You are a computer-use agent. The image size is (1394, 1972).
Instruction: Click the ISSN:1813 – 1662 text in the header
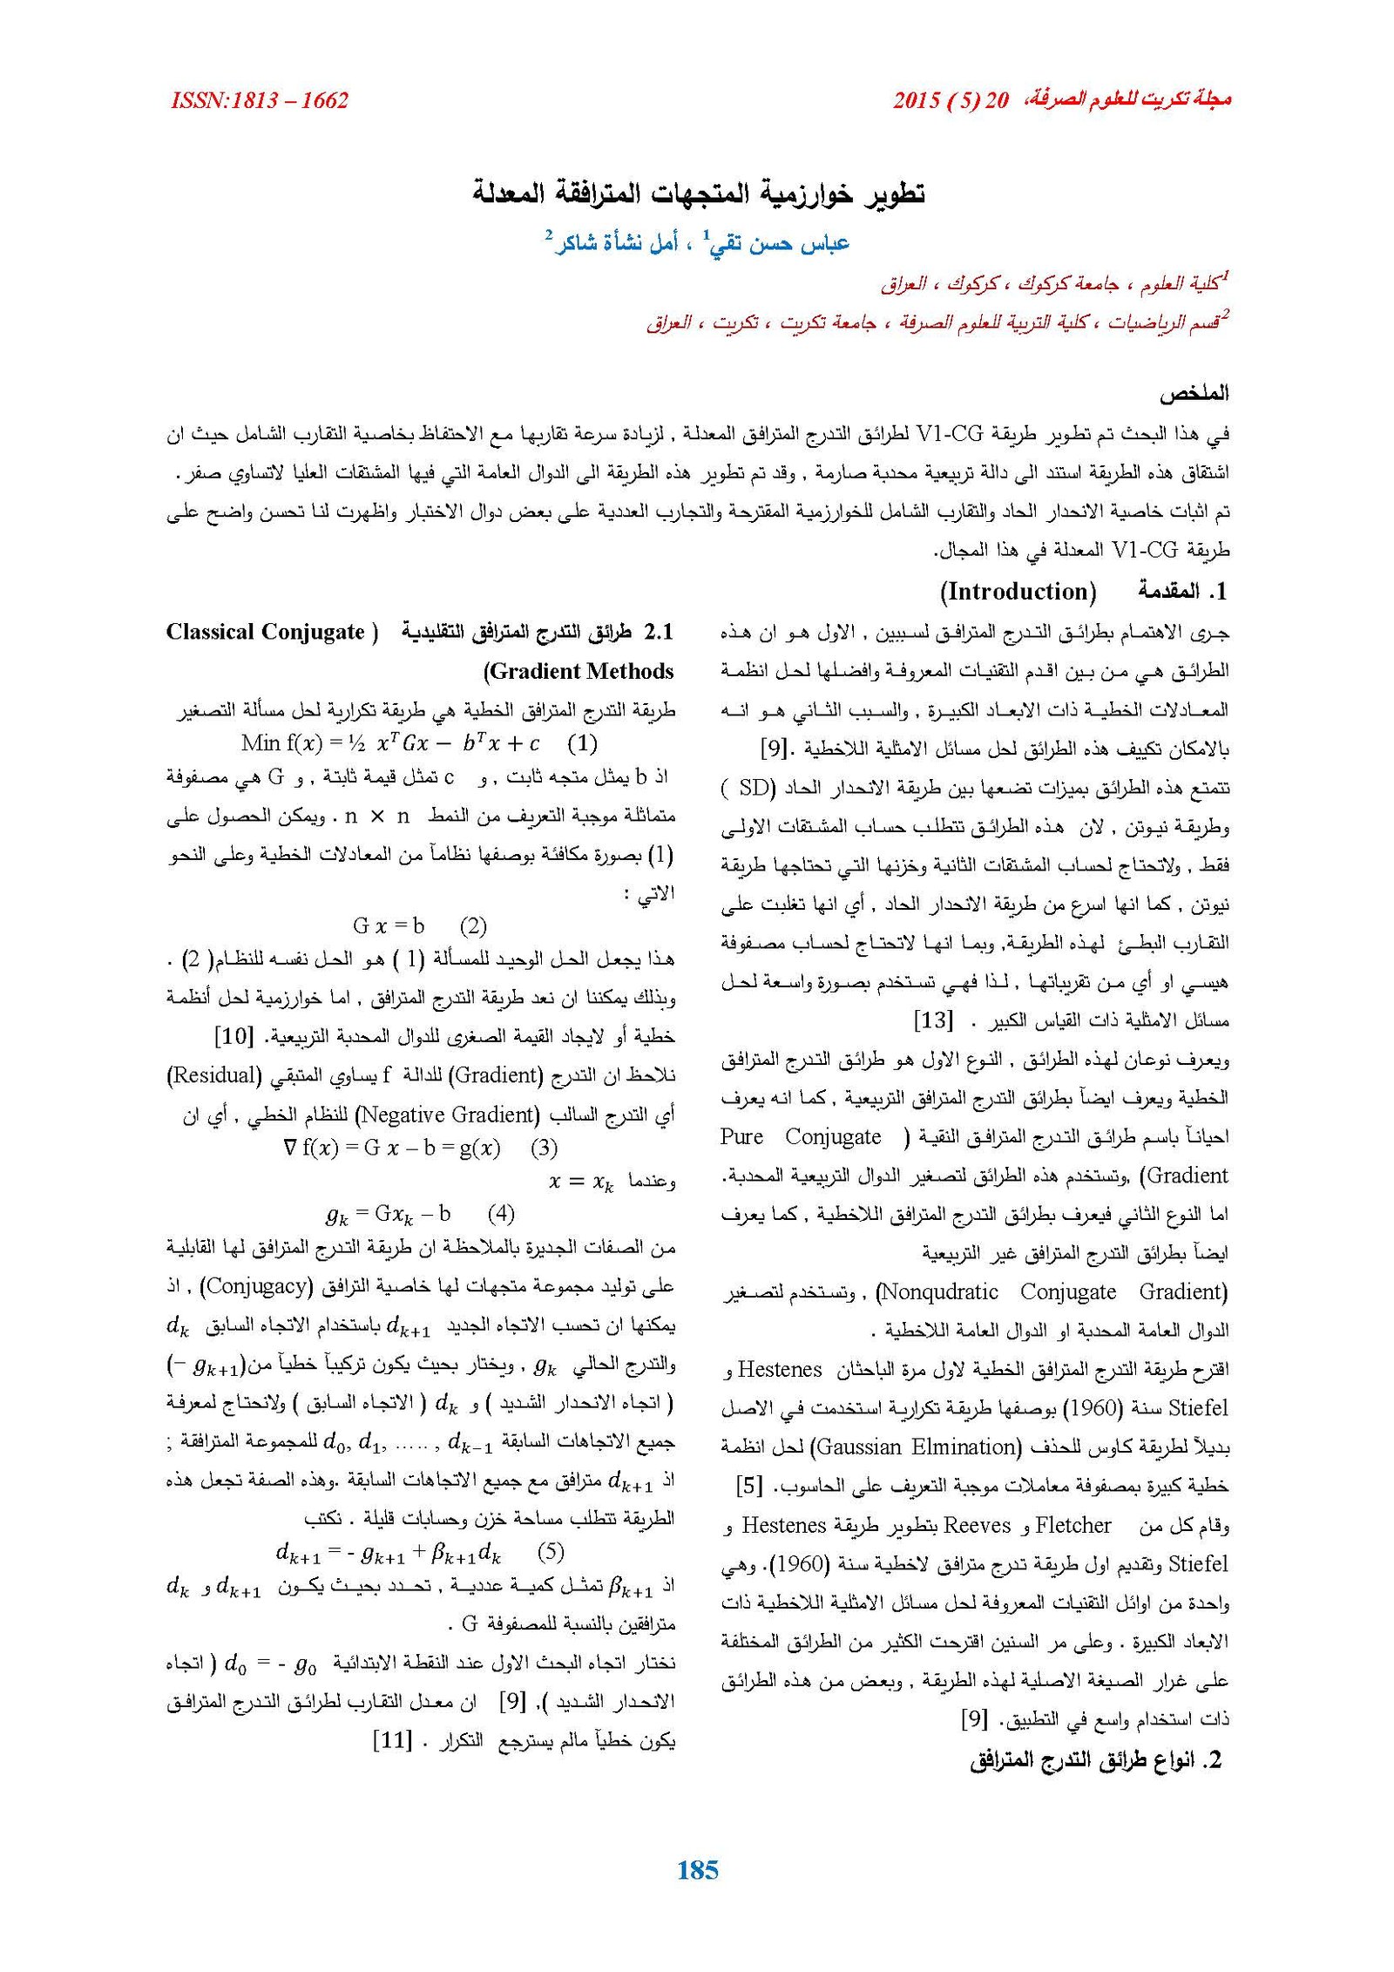click(x=260, y=100)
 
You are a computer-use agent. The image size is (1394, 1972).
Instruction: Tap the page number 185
click(x=697, y=1868)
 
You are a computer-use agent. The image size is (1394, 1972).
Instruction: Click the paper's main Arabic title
click(x=698, y=192)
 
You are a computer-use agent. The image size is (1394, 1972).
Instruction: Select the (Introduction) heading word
click(x=1018, y=592)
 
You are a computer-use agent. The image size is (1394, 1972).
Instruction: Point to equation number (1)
click(x=582, y=743)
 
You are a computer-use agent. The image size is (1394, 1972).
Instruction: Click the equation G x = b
click(x=389, y=925)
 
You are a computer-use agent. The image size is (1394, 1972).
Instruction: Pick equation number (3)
click(x=544, y=1148)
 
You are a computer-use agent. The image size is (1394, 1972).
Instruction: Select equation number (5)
click(x=551, y=1551)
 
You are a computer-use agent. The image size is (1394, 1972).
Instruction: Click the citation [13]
click(x=933, y=1020)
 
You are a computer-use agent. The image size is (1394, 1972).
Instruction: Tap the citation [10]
click(x=233, y=1037)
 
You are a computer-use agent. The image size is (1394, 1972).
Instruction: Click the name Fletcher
click(x=1073, y=1525)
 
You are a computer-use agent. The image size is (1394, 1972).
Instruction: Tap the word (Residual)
click(x=214, y=1075)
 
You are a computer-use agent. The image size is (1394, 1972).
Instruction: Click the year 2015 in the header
click(x=917, y=100)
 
